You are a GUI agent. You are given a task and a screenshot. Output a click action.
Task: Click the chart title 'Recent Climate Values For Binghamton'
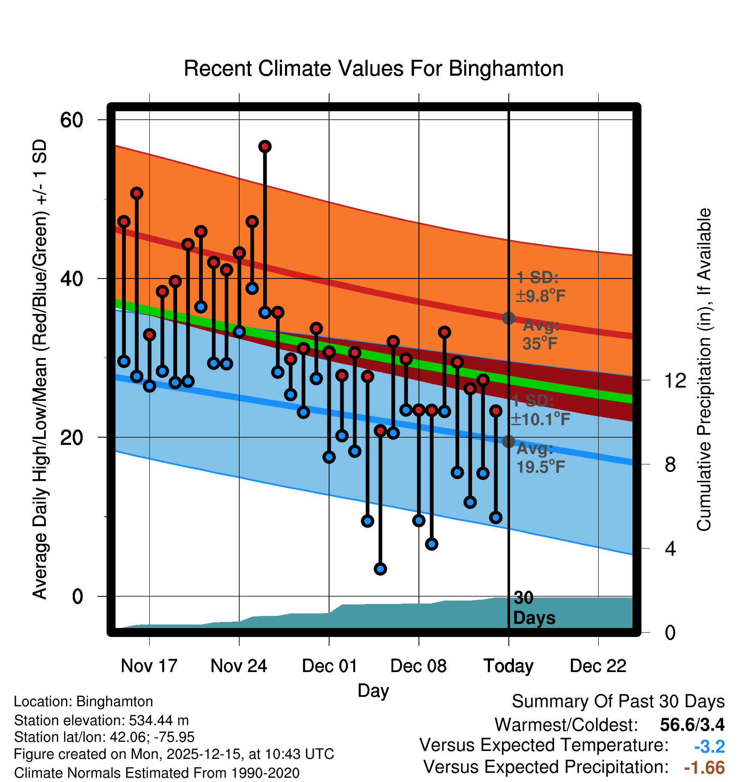point(374,68)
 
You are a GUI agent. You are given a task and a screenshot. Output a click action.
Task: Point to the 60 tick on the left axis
point(71,120)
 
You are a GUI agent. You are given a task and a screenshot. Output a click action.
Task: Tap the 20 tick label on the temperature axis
point(71,437)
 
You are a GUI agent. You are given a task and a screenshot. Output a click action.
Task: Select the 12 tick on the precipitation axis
point(675,380)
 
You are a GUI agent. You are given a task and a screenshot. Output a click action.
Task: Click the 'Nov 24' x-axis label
point(239,666)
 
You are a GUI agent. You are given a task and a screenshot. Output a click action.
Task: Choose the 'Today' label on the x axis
point(508,666)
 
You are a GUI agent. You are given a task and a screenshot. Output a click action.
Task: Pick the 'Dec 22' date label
point(598,666)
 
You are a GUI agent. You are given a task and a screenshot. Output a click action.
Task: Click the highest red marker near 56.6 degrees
point(265,147)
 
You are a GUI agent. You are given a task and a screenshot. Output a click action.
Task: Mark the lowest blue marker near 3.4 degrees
point(380,569)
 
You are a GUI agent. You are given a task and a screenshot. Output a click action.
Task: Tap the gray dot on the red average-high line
point(508,318)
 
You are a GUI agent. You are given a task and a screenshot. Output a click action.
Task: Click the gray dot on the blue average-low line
point(508,441)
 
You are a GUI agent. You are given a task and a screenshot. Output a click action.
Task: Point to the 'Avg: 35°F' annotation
point(540,335)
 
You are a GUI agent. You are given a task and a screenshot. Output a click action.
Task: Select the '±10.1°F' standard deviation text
point(540,419)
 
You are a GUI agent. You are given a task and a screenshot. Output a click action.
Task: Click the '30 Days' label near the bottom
point(534,608)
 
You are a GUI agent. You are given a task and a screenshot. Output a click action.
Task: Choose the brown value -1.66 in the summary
point(704,767)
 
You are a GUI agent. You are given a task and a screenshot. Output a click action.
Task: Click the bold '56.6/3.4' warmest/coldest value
point(692,725)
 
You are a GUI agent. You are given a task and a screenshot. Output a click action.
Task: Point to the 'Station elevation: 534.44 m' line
point(101,720)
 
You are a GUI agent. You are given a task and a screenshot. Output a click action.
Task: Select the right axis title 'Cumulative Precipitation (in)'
point(704,370)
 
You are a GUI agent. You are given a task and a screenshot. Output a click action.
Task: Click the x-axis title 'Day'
point(373,690)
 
